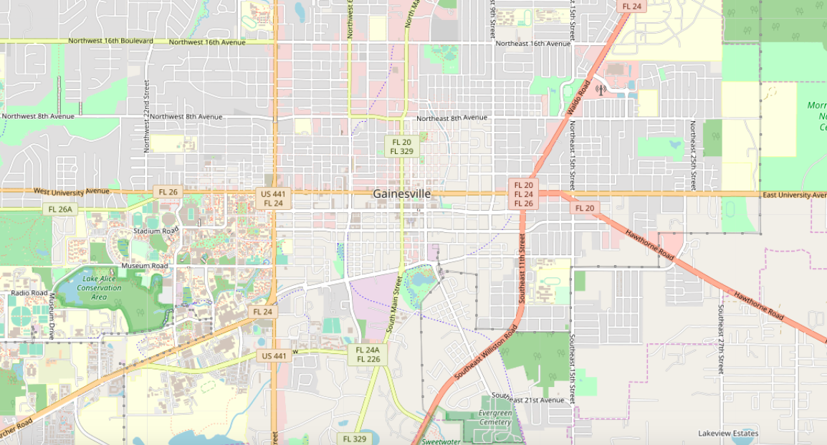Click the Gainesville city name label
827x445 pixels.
coord(401,193)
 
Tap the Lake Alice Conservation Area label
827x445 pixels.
coord(102,287)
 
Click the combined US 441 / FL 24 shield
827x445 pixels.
coord(274,198)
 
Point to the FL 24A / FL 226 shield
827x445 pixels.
coord(367,355)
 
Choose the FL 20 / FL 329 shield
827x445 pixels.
coord(401,147)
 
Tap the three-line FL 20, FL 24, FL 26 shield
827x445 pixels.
coord(523,194)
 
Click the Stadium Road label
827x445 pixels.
coord(156,231)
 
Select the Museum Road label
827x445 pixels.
coord(144,266)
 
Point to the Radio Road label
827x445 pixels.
coord(29,293)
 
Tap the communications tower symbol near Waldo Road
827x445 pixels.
coord(601,90)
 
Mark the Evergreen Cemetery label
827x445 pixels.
coord(495,418)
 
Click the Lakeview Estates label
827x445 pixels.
coord(728,434)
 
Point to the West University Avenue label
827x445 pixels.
coord(72,191)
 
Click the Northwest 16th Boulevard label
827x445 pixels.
coord(110,41)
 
